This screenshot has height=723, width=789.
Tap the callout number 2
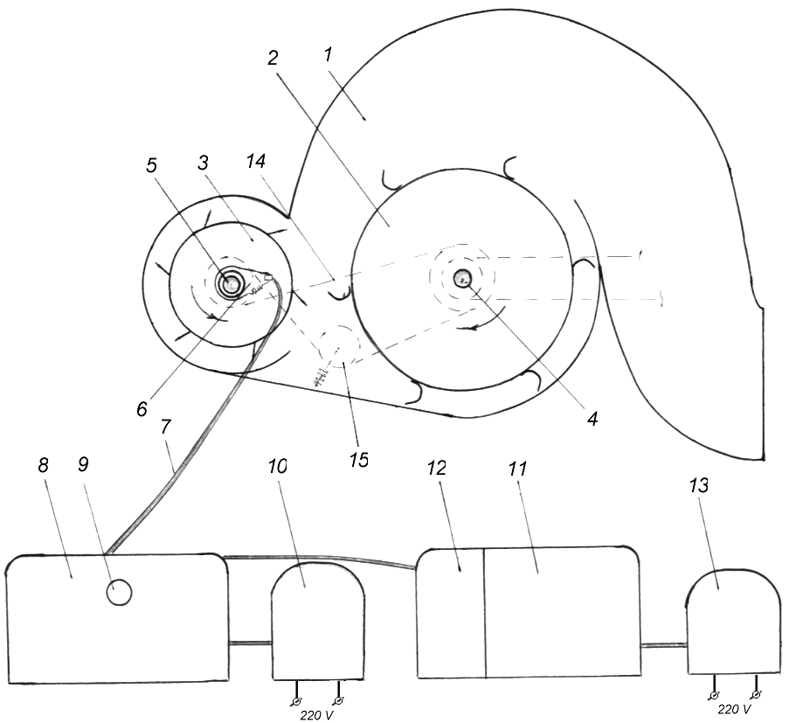(x=273, y=59)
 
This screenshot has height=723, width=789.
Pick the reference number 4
(x=592, y=419)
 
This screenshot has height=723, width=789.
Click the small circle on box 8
(x=119, y=594)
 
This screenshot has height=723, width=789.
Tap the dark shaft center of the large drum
(x=462, y=279)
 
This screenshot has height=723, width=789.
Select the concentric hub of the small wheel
(x=233, y=283)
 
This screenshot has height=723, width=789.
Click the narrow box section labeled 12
(x=451, y=612)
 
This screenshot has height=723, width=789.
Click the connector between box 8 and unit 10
(x=249, y=644)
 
